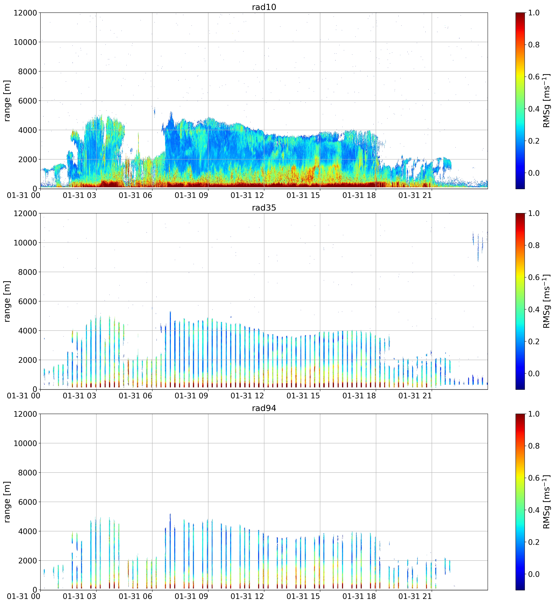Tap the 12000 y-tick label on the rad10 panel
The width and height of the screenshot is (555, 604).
coord(25,13)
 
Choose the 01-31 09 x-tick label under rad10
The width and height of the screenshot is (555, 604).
coord(191,195)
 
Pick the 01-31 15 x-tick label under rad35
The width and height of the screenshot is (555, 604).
coord(303,396)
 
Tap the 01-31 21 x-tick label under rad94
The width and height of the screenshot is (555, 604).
coord(415,596)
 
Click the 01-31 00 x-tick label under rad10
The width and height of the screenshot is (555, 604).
coord(24,195)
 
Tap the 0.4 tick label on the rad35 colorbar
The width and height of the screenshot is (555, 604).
coord(534,310)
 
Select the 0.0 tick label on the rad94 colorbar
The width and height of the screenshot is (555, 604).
coord(534,574)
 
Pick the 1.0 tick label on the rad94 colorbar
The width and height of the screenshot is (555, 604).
coord(534,414)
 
